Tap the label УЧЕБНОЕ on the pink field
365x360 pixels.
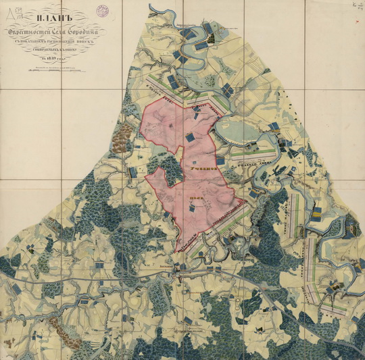[x=201, y=174]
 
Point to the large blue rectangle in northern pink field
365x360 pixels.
[x=190, y=137]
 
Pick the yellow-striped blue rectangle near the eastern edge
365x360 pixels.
[x=316, y=215]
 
